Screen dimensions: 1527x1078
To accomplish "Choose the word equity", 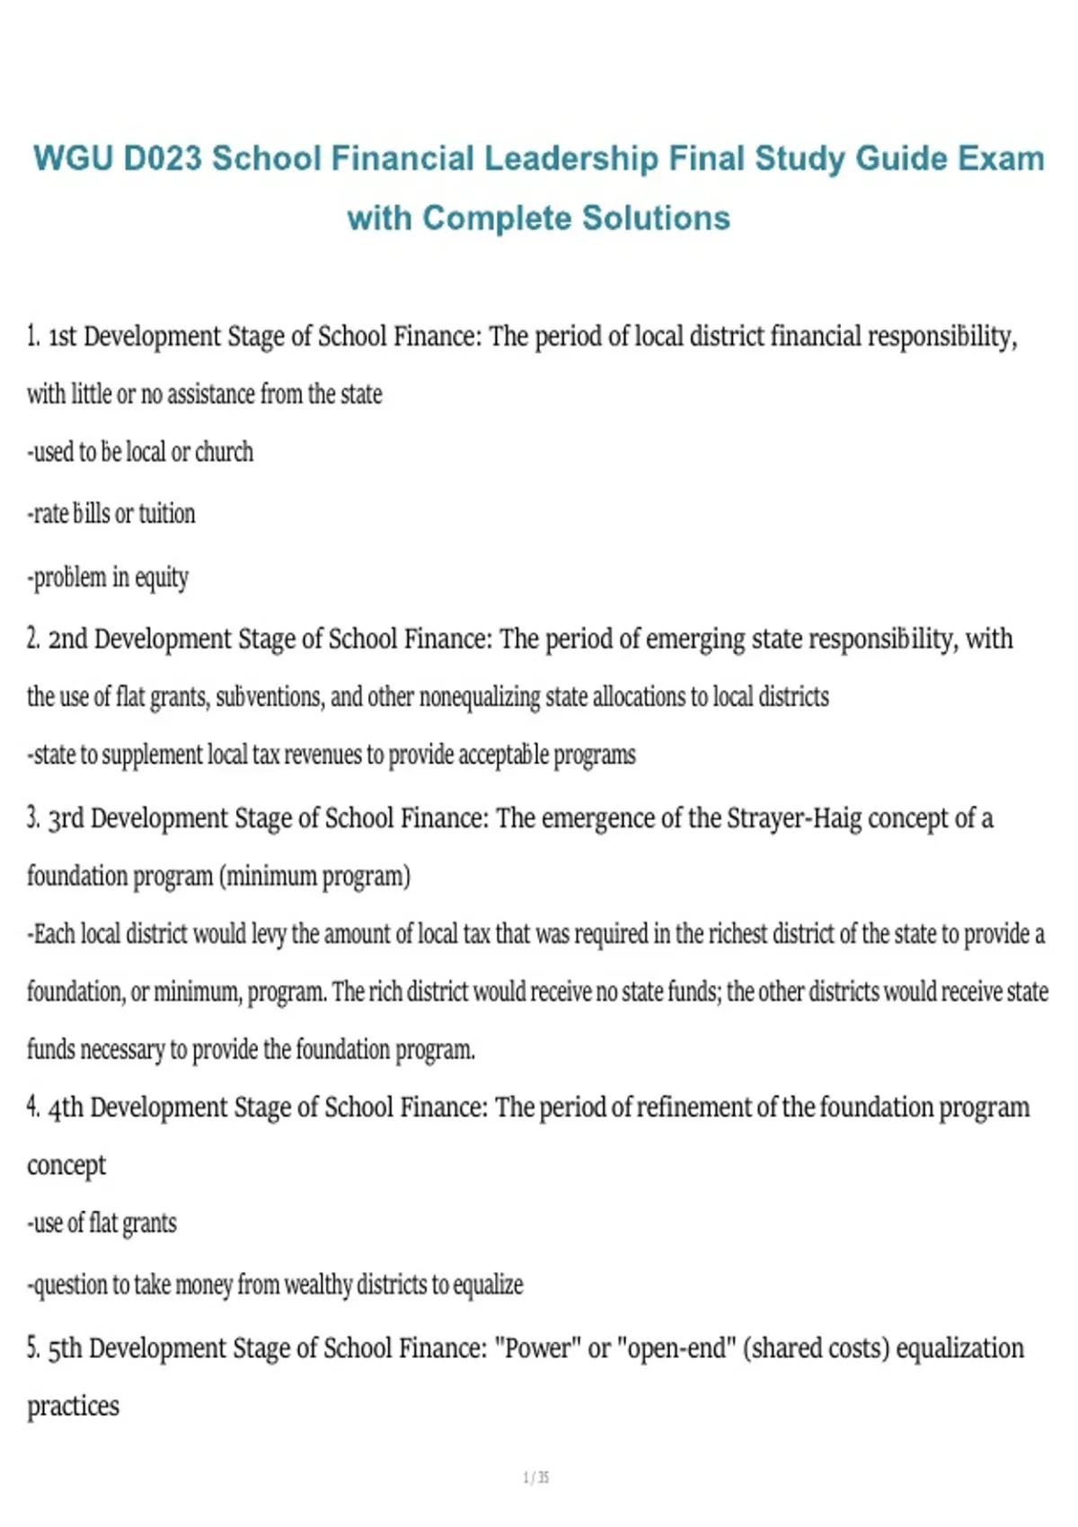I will click(x=162, y=578).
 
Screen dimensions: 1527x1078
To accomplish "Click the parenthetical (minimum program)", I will click(x=314, y=876).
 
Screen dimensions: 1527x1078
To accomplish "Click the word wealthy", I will click(x=318, y=1285).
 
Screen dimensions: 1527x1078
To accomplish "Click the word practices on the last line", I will click(x=73, y=1406).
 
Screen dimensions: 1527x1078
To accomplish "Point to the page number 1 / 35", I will click(x=536, y=1478).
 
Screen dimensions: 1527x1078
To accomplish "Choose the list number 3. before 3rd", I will click(x=33, y=818).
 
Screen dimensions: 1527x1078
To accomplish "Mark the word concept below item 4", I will click(x=66, y=1166).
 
